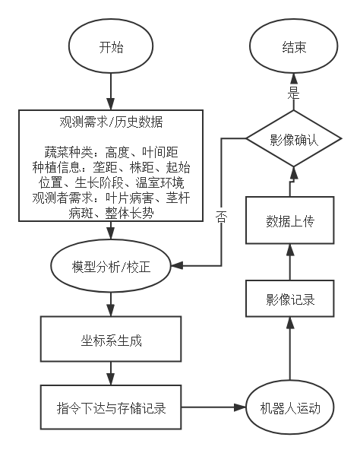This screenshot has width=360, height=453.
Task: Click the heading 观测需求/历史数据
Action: click(x=111, y=122)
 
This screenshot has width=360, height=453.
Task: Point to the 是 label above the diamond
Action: click(x=294, y=93)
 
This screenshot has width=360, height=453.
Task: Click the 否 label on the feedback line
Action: click(x=222, y=217)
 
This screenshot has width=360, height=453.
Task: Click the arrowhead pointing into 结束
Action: click(x=294, y=79)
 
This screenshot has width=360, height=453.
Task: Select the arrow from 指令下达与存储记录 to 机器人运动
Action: click(x=213, y=407)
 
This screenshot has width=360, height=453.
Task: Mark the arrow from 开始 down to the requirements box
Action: click(x=111, y=92)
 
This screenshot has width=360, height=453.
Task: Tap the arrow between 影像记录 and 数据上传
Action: click(x=290, y=262)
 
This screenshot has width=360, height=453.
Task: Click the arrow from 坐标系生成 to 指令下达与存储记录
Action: click(x=111, y=373)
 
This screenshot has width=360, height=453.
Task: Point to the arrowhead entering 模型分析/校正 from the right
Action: click(x=176, y=265)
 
